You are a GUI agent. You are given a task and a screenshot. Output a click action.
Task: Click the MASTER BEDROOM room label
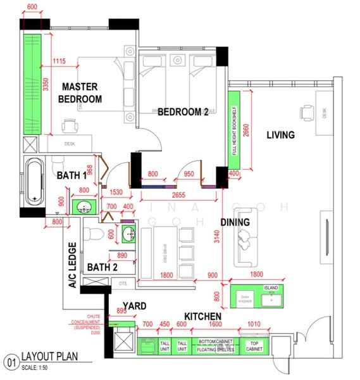click(x=81, y=92)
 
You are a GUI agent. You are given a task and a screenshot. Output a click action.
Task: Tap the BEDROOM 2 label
click(x=183, y=111)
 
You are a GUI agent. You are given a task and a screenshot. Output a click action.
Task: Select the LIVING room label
click(x=280, y=134)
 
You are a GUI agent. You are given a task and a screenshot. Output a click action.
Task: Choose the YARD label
click(x=134, y=306)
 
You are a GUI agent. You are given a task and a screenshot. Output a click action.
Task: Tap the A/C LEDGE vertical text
click(x=72, y=265)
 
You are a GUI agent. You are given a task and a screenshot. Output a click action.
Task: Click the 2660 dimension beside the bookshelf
click(x=246, y=132)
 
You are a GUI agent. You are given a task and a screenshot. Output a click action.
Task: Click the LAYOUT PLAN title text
click(x=50, y=357)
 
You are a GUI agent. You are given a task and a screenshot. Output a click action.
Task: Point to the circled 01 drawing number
click(x=10, y=362)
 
